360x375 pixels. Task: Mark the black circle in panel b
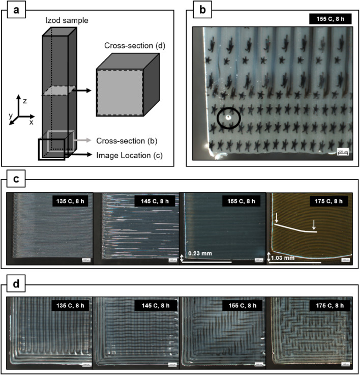coord(228,119)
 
